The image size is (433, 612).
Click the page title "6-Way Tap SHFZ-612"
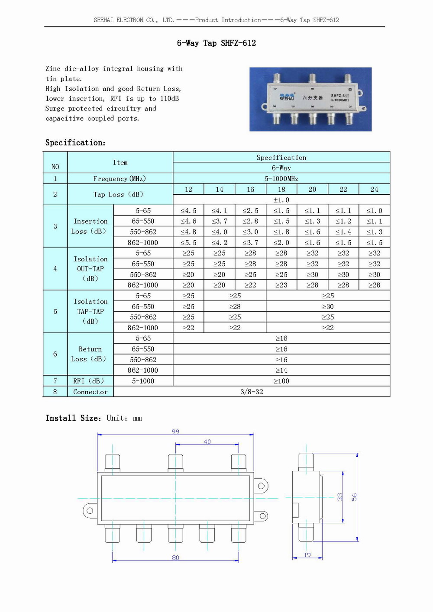pos(216,43)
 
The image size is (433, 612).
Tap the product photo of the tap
pos(310,99)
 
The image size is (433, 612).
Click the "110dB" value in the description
pos(169,99)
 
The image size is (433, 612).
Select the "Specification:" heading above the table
pos(75,143)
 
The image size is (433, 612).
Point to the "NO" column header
pos(55,167)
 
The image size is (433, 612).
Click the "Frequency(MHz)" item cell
pos(120,179)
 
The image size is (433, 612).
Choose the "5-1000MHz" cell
pos(281,179)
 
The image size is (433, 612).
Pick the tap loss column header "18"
pos(281,190)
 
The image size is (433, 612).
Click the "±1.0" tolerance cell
pos(281,200)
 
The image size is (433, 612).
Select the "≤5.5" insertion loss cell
pos(188,243)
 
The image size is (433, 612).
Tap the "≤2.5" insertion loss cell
pos(250,211)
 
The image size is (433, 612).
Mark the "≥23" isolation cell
pos(281,285)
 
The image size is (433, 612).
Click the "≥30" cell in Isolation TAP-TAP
pos(328,306)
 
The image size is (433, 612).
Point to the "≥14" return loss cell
pos(281,370)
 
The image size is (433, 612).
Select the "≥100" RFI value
pos(281,381)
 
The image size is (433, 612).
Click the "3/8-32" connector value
pos(252,392)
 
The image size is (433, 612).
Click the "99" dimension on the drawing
pos(175,432)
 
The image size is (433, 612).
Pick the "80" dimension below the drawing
pos(175,557)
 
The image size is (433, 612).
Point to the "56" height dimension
pos(354,497)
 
